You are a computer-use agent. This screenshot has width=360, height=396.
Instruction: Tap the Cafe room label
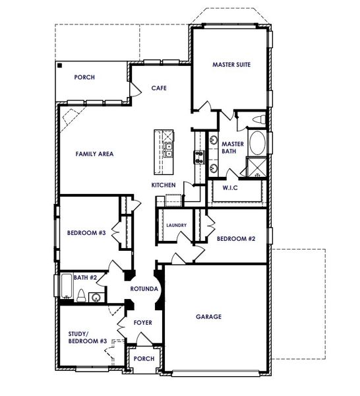pos(158,87)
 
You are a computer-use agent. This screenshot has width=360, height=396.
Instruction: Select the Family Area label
pos(94,154)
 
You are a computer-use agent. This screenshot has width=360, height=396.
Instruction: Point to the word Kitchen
pos(164,185)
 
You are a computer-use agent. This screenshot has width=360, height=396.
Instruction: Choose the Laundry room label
pos(176,225)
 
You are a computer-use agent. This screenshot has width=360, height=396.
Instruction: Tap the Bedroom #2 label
pos(236,238)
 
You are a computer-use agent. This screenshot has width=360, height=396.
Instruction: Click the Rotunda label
pos(143,289)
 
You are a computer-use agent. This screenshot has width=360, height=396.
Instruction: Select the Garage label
pos(208,317)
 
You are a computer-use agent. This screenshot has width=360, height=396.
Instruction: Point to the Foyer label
pos(143,323)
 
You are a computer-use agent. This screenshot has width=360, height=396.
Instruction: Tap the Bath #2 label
pos(84,278)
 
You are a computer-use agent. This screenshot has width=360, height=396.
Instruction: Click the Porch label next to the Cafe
pos(84,77)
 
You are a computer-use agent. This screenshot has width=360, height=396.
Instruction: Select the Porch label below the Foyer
pos(144,359)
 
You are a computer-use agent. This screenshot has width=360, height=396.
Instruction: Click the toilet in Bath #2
pos(80,295)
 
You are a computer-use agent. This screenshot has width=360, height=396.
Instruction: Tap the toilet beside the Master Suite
pos(259,120)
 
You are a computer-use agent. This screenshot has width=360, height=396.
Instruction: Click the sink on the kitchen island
pos(168,149)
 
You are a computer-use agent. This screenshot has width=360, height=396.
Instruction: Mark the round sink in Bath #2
pos(97,297)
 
